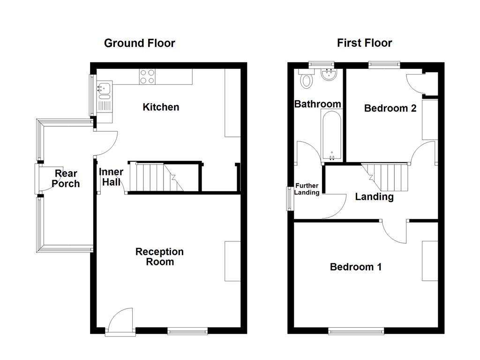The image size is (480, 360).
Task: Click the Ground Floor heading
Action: pos(139,43)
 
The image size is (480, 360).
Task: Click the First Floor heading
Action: pos(364,43)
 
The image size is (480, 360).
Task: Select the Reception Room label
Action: pos(159,256)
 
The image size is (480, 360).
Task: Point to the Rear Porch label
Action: pos(66,179)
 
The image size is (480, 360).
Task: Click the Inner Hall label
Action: pos(111,177)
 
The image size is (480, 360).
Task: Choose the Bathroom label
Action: pos(317,104)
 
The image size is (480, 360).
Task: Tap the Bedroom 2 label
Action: pos(390,108)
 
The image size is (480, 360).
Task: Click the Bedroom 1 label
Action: pos(355,267)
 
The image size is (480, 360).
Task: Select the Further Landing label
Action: pos(307,189)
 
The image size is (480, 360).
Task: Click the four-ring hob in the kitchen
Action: pos(147,76)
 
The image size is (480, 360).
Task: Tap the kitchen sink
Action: pos(104,88)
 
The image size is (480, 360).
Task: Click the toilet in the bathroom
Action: pos(307,79)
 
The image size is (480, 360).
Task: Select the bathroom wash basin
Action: pos(328,74)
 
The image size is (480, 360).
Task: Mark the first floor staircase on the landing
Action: pos(387,175)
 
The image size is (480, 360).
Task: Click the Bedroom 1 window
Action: pos(356,331)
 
